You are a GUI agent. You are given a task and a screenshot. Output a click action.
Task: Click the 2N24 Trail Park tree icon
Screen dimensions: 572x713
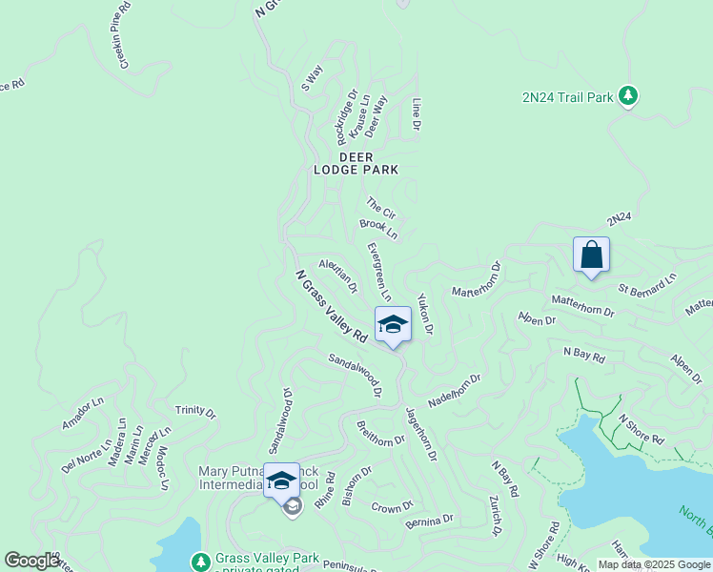627,95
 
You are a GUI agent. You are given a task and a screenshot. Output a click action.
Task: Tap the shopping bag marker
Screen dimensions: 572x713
591,255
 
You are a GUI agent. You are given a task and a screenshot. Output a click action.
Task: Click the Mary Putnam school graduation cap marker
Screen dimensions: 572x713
281,480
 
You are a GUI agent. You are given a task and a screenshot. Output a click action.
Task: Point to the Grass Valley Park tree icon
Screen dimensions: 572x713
200,562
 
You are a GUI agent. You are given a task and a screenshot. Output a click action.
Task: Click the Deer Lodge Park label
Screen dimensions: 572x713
356,163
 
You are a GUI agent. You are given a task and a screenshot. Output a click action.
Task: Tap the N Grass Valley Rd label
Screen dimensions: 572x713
331,306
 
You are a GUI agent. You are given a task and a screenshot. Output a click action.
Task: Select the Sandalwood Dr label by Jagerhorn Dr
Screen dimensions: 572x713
355,375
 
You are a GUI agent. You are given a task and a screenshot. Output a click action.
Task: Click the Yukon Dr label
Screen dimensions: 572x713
425,314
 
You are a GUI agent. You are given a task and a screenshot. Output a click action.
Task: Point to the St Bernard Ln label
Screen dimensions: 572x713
646,282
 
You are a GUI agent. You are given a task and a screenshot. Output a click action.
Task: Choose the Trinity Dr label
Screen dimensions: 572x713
195,412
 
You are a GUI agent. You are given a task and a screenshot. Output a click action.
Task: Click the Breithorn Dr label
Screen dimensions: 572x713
380,434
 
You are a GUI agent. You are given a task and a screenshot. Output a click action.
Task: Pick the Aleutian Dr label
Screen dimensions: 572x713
338,276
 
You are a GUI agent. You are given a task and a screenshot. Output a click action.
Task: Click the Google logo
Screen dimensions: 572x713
31,561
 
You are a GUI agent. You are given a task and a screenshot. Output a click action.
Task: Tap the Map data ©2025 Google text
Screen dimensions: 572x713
653,564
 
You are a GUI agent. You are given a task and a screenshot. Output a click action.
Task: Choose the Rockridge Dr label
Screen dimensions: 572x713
345,112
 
